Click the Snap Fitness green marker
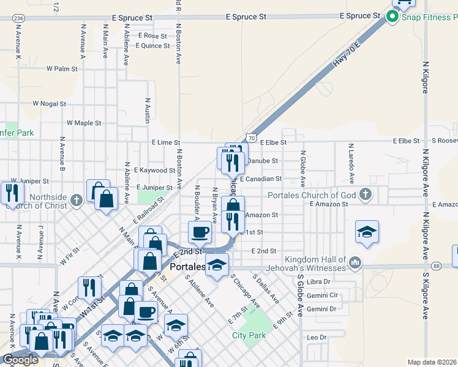[x=392, y=17]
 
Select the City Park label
[x=249, y=335]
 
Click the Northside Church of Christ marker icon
[x=76, y=200]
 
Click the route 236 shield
[x=18, y=19]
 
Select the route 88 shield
[x=435, y=265]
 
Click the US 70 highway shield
[x=251, y=139]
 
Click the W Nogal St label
[x=49, y=104]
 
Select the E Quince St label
[x=152, y=46]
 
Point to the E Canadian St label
[x=261, y=179]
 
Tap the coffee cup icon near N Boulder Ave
[x=200, y=233]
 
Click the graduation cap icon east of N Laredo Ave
[x=367, y=232]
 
